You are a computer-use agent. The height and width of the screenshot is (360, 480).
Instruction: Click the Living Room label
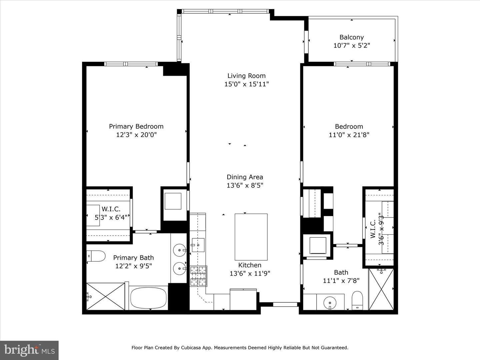246,76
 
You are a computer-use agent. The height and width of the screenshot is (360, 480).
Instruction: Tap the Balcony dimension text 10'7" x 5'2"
352,45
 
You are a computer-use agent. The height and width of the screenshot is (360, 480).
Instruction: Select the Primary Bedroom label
136,126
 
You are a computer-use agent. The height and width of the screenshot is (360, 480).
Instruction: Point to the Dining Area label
245,177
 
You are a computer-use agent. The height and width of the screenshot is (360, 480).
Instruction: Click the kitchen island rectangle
251,237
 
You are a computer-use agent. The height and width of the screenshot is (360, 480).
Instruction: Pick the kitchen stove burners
199,276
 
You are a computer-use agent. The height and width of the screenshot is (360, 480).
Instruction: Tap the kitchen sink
198,245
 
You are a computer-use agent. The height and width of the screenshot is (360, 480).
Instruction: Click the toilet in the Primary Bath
96,256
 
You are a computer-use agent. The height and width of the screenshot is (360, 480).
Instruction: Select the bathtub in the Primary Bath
148,298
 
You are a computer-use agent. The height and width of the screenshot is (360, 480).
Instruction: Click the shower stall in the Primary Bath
106,296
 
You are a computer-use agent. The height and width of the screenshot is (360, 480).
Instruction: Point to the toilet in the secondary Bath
357,300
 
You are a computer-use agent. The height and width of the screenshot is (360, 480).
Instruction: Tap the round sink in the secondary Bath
330,303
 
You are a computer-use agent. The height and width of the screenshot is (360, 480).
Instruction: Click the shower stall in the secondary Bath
381,289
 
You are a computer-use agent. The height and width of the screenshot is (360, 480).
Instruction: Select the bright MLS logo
29,350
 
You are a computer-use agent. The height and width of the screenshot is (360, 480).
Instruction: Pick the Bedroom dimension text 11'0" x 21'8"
349,135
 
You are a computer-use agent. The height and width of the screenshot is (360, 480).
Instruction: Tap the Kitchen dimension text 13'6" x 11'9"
250,273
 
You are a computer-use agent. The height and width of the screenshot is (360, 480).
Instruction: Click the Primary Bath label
133,258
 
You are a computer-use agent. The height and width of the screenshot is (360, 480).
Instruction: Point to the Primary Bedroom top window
131,64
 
